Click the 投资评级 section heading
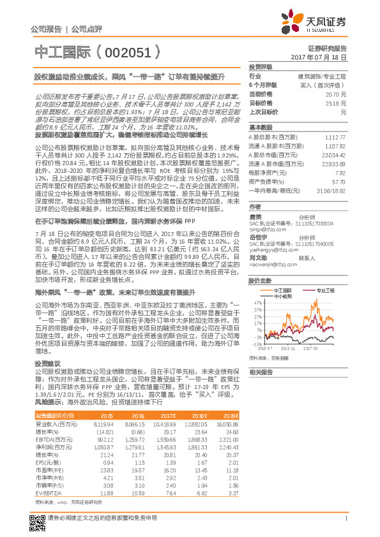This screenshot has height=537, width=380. point(261,66)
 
